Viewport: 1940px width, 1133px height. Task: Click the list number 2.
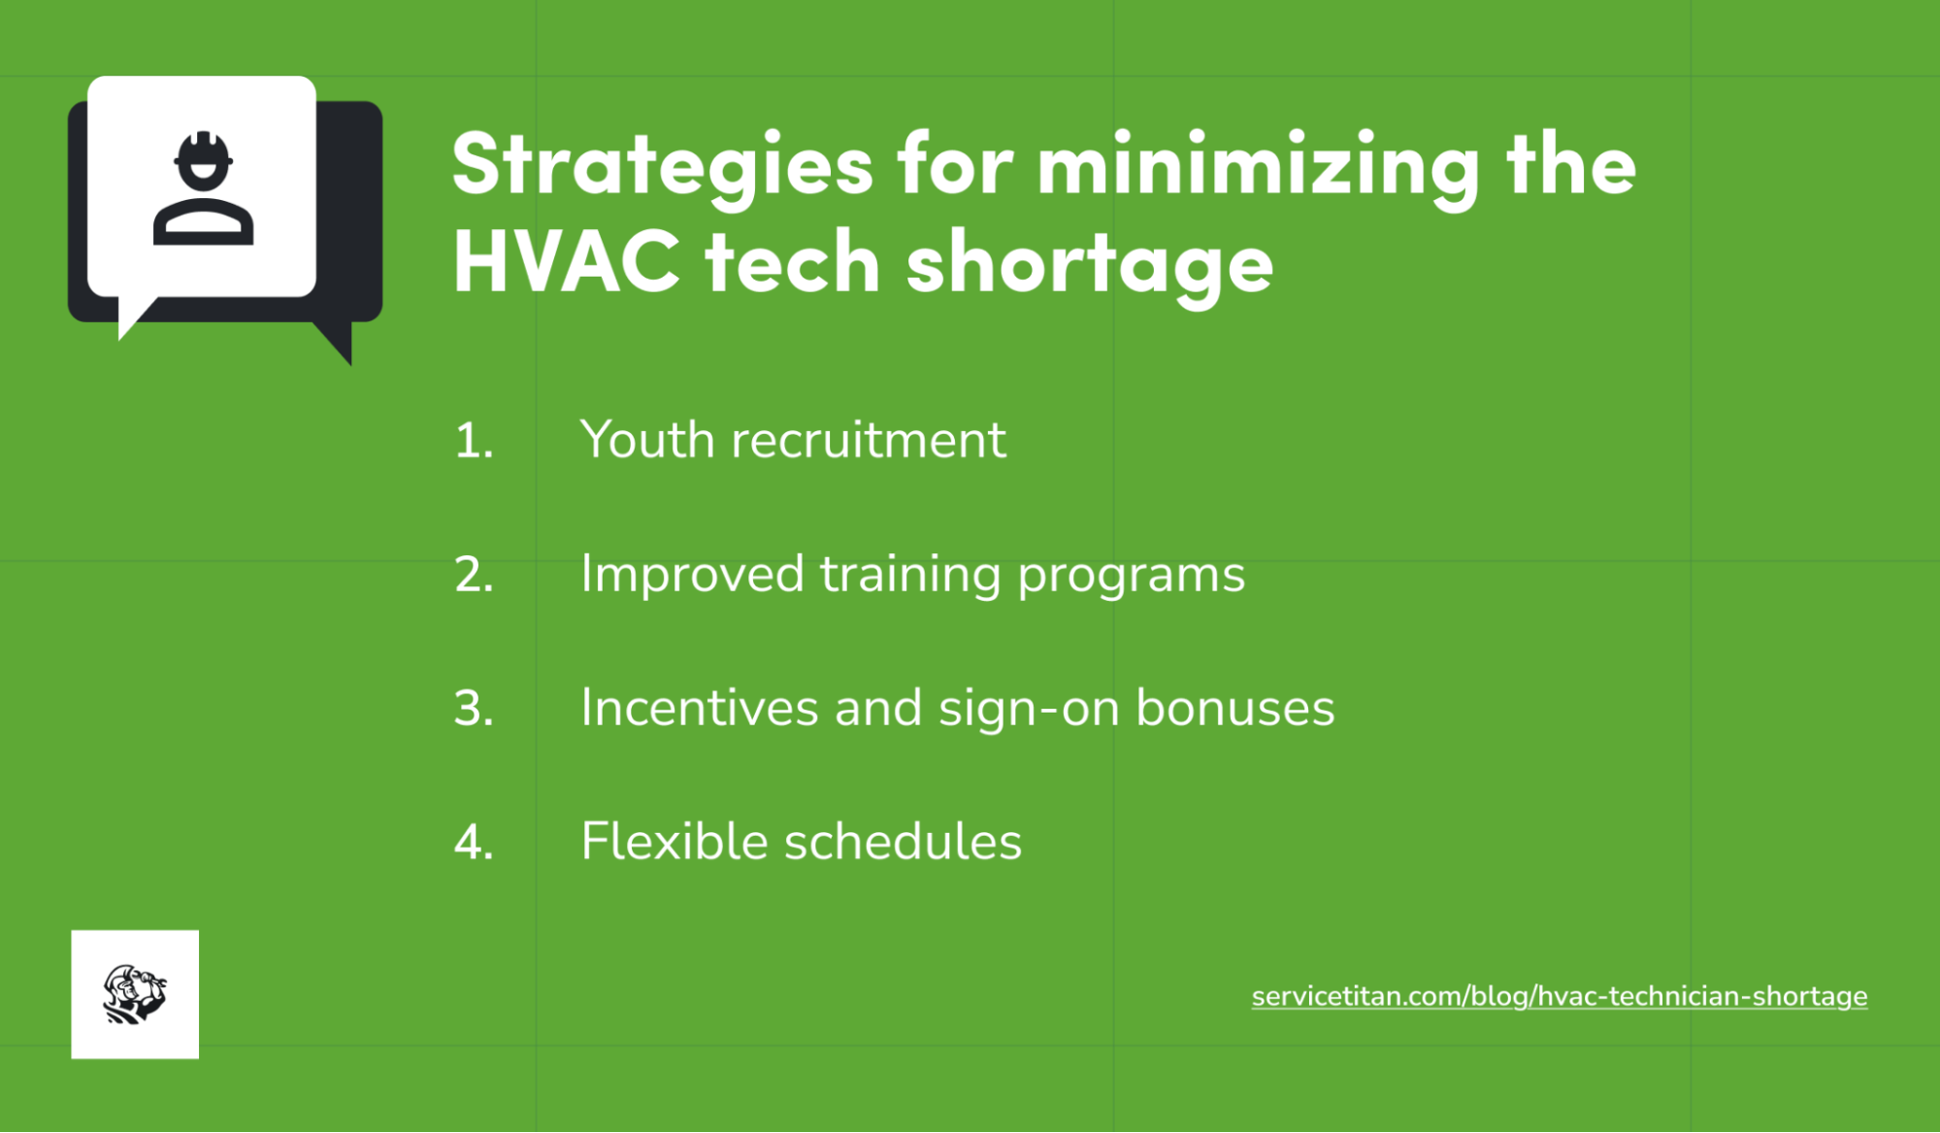click(474, 575)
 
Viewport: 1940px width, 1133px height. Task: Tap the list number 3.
click(474, 709)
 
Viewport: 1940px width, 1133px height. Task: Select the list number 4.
click(474, 842)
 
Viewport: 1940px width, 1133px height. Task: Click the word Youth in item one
click(647, 440)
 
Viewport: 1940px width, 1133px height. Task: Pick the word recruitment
click(869, 440)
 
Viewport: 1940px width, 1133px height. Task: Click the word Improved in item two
click(692, 574)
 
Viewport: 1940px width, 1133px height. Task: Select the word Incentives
click(699, 708)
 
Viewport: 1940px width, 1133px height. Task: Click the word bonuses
click(1234, 708)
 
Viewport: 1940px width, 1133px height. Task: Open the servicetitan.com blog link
click(1559, 996)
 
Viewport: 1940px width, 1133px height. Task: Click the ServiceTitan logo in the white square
click(135, 994)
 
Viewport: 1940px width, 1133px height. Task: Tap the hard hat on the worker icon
click(203, 150)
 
